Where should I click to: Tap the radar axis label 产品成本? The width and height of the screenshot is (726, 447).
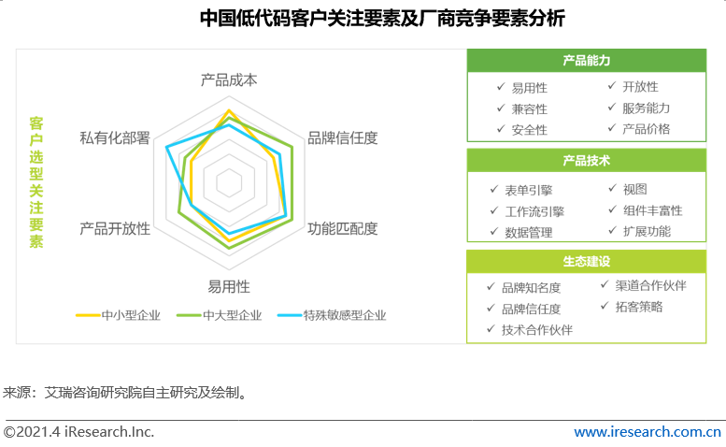(x=229, y=79)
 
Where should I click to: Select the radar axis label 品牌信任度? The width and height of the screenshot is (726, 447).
(x=343, y=137)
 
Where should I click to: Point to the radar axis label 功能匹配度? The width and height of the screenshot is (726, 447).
(x=343, y=228)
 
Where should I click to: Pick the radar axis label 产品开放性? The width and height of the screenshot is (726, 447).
(x=115, y=228)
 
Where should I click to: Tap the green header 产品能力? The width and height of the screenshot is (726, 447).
(x=587, y=61)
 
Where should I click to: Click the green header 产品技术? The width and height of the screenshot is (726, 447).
(x=587, y=160)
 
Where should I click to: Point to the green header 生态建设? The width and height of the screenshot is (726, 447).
(x=587, y=260)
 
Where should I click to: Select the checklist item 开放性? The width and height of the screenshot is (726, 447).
(x=640, y=88)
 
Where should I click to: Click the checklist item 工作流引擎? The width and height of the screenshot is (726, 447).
(x=534, y=211)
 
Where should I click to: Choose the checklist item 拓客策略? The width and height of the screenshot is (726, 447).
(x=639, y=306)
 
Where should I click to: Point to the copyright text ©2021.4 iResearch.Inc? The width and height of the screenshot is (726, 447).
(x=78, y=432)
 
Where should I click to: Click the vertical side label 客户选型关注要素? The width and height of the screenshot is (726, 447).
(x=36, y=182)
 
